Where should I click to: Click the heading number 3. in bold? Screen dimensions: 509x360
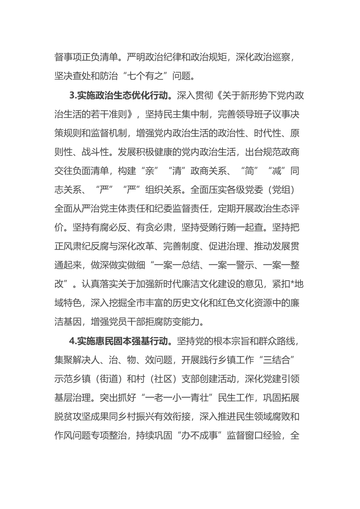[x=73, y=95]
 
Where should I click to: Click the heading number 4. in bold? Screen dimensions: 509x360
[x=73, y=341]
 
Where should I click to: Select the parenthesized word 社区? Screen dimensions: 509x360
[x=172, y=379]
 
